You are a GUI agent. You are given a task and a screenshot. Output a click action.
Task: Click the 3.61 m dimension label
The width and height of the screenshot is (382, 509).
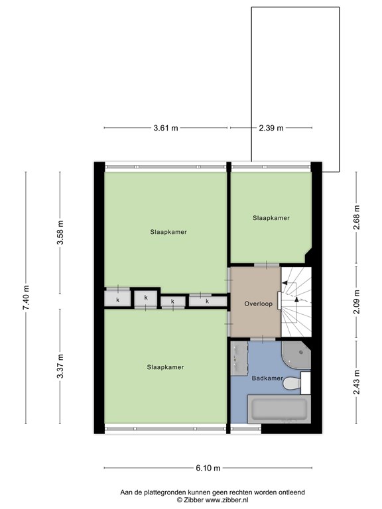(x=166, y=128)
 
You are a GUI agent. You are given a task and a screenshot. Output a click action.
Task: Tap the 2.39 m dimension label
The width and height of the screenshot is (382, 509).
(x=271, y=128)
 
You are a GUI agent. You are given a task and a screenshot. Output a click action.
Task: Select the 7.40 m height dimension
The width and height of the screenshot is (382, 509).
(x=26, y=298)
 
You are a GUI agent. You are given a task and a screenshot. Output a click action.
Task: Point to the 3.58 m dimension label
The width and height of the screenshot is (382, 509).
(x=60, y=233)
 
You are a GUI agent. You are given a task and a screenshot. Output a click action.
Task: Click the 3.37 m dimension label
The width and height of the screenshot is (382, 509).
(x=60, y=366)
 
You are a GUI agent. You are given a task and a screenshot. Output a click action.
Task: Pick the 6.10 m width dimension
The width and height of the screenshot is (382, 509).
(x=208, y=468)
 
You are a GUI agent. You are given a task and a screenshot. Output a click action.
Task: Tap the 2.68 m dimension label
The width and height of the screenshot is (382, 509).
(x=356, y=217)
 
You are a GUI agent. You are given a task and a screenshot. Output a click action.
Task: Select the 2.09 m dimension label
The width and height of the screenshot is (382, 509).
(x=356, y=302)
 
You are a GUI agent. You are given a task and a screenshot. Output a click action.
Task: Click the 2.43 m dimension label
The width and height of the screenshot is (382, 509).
(x=356, y=382)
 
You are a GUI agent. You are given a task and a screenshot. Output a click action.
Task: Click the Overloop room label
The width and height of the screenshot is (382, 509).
(x=259, y=304)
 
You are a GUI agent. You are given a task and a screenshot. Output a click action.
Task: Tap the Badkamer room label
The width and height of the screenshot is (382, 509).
(x=267, y=378)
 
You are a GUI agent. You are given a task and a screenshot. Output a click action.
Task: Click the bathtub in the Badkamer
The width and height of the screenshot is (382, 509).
(x=279, y=409)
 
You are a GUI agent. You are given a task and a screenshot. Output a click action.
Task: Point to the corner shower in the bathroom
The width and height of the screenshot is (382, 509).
(x=296, y=355)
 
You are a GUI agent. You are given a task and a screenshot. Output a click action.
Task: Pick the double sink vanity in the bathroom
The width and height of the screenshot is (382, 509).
(x=239, y=358)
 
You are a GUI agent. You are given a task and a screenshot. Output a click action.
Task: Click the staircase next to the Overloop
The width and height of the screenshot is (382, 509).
(x=296, y=302)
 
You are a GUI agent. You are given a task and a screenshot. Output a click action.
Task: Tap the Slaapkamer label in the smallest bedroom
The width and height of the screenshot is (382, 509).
(x=271, y=218)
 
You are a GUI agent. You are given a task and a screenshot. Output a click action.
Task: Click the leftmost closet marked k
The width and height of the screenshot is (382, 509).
(x=117, y=300)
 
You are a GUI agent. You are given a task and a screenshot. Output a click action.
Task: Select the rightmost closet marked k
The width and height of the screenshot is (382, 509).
(x=208, y=301)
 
